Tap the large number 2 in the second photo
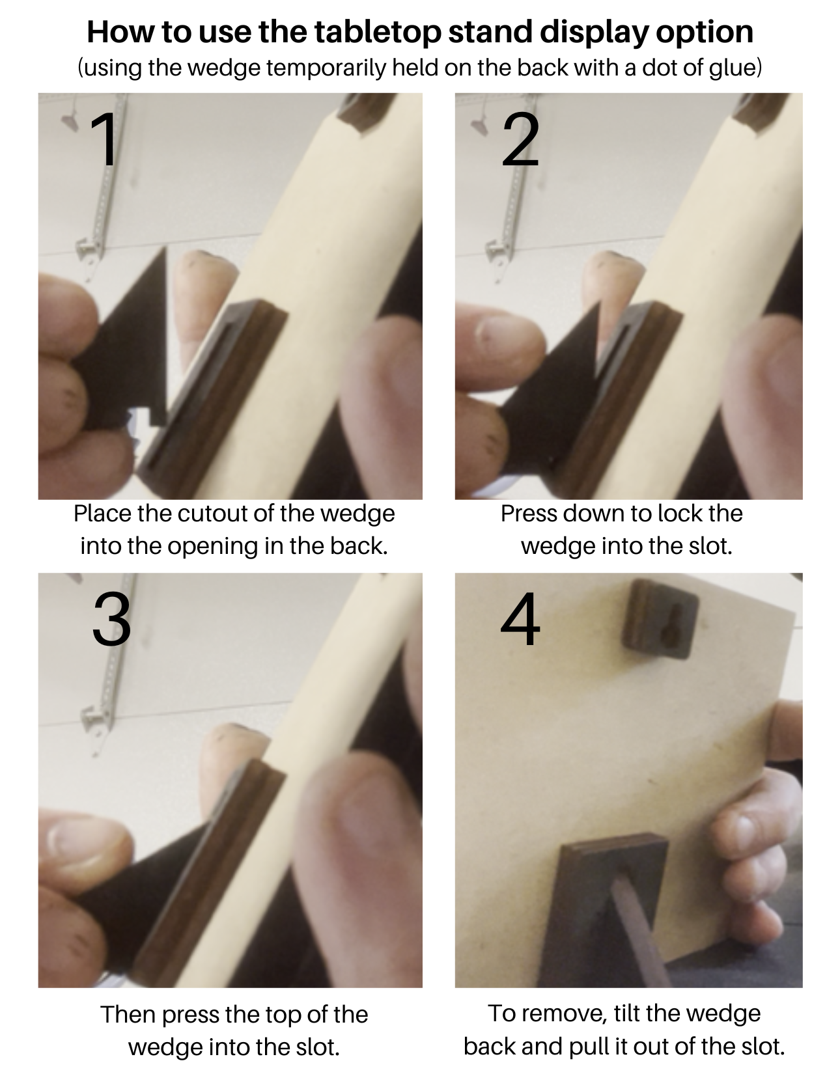(x=520, y=140)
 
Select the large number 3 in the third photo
(x=112, y=619)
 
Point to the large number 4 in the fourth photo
(x=520, y=619)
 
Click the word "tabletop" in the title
(x=378, y=32)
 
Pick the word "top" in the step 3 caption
(x=283, y=1016)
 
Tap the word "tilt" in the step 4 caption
(x=627, y=1013)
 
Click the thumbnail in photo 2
(x=499, y=332)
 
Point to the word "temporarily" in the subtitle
(x=326, y=68)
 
